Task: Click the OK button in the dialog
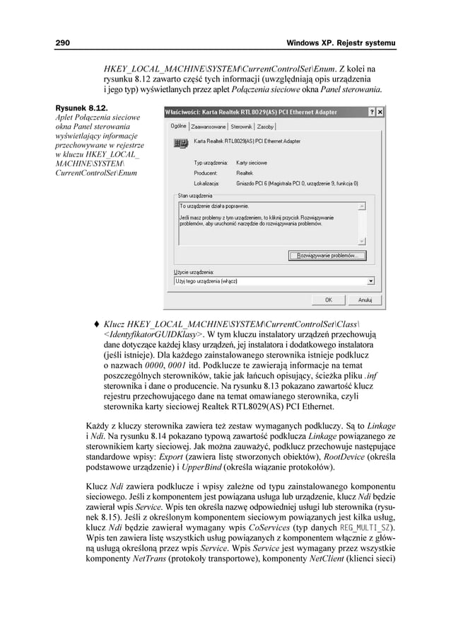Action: pyautogui.click(x=329, y=300)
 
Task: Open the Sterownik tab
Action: pyautogui.click(x=242, y=127)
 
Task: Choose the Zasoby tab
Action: pyautogui.click(x=266, y=127)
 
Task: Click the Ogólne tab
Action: pyautogui.click(x=178, y=126)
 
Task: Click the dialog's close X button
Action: pyautogui.click(x=380, y=112)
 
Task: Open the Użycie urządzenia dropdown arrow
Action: pyautogui.click(x=371, y=280)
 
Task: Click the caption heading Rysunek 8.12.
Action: pyautogui.click(x=78, y=107)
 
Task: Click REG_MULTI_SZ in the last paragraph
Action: pyautogui.click(x=363, y=529)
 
